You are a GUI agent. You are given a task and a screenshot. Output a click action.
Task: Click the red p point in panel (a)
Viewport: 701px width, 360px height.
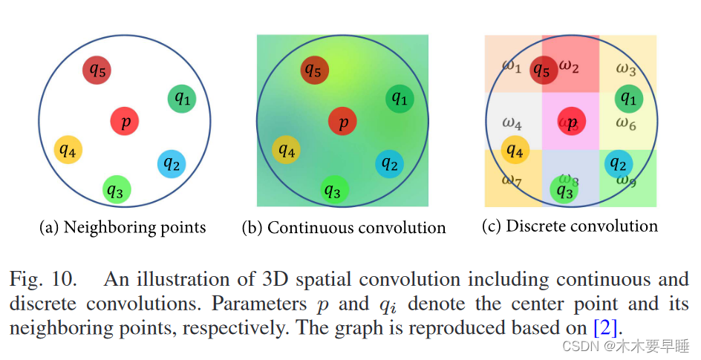125,121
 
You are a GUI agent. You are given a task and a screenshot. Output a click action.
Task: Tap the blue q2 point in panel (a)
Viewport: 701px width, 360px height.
172,164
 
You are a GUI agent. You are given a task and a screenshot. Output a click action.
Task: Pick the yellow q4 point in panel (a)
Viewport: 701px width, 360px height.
68,151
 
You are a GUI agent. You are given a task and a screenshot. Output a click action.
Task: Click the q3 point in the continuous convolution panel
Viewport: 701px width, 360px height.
333,192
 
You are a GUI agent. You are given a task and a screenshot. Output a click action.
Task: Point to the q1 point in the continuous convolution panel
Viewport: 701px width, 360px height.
400,99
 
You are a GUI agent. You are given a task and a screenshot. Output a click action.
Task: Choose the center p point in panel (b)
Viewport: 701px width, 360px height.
342,122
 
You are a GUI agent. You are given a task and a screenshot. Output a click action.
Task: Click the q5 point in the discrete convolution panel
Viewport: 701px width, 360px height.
544,71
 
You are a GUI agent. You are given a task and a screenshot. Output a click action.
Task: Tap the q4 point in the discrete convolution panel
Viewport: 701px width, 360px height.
514,151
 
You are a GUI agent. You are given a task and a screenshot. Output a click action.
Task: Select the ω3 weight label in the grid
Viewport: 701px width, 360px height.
626,70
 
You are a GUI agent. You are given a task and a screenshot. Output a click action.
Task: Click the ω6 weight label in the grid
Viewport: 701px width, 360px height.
626,124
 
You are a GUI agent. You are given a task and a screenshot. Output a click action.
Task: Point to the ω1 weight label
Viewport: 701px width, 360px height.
511,65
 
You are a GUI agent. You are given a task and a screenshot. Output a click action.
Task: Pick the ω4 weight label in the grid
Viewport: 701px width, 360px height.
511,122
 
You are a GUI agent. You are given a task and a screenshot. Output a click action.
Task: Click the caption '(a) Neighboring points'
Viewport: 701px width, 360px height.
123,227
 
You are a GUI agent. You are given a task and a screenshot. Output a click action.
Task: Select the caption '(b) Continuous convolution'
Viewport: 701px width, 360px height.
344,228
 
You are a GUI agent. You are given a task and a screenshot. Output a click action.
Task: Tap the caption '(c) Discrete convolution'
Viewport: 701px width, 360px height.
570,226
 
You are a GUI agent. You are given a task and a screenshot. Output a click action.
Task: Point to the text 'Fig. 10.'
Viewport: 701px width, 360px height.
43,280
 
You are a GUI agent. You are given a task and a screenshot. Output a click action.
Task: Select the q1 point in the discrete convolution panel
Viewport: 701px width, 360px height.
628,98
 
